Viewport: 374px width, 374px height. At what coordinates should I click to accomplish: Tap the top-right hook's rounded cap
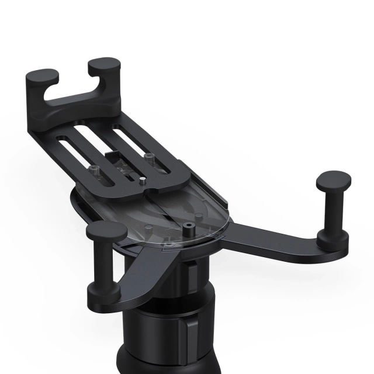[x=105, y=65]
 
